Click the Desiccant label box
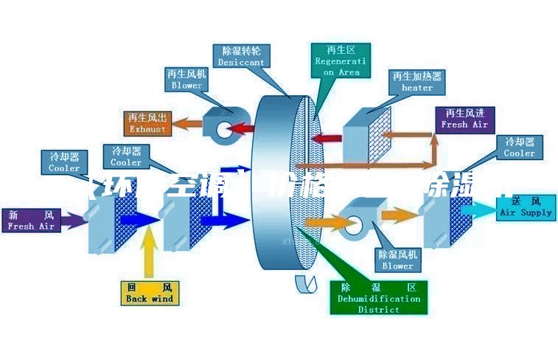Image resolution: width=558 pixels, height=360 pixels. [x=241, y=57]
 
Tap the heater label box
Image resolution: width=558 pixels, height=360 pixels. [x=416, y=82]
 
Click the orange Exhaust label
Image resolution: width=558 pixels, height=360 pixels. [x=148, y=123]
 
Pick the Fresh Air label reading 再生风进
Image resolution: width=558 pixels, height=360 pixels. [x=464, y=119]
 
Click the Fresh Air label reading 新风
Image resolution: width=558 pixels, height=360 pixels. [x=31, y=221]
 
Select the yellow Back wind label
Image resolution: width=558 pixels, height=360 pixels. [x=149, y=293]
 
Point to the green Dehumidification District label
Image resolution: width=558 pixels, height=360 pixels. [x=379, y=298]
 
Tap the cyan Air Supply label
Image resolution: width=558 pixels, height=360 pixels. [x=526, y=207]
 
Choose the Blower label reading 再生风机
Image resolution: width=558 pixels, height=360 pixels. [x=186, y=80]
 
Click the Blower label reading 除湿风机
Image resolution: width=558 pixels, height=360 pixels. [x=398, y=260]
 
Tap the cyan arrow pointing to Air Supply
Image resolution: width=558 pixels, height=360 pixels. [x=480, y=210]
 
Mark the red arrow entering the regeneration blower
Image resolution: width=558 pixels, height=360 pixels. [x=240, y=129]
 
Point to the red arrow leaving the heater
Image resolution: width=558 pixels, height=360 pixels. [x=329, y=137]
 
